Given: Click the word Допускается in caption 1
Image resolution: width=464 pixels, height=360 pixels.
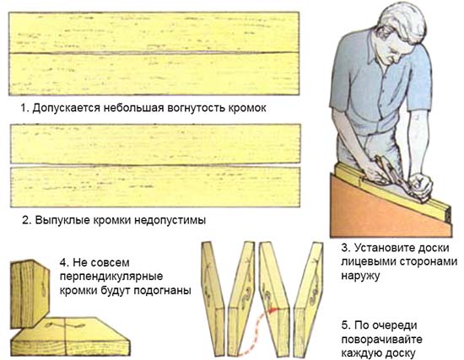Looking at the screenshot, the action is (66, 109).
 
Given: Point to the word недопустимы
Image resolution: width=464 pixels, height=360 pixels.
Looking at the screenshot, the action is (169, 220).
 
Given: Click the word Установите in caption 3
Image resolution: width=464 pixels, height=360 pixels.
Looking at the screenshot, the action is (384, 248).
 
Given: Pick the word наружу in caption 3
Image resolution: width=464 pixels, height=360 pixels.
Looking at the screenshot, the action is (361, 276).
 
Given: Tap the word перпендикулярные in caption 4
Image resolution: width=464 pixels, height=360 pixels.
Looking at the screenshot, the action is (111, 277).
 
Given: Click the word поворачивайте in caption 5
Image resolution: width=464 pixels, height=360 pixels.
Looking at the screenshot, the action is (381, 339).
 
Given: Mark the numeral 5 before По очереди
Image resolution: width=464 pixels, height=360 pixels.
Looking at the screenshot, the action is (345, 325).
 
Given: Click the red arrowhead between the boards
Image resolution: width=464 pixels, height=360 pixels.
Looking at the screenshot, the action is (275, 310).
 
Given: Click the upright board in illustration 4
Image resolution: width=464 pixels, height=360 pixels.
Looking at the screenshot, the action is (29, 294).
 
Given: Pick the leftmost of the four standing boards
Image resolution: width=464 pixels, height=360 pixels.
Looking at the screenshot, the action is (213, 298).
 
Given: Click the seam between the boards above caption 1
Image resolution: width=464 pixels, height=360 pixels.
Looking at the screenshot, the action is (154, 53).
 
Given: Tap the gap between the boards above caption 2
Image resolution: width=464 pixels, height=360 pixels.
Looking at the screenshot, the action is (155, 165).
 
